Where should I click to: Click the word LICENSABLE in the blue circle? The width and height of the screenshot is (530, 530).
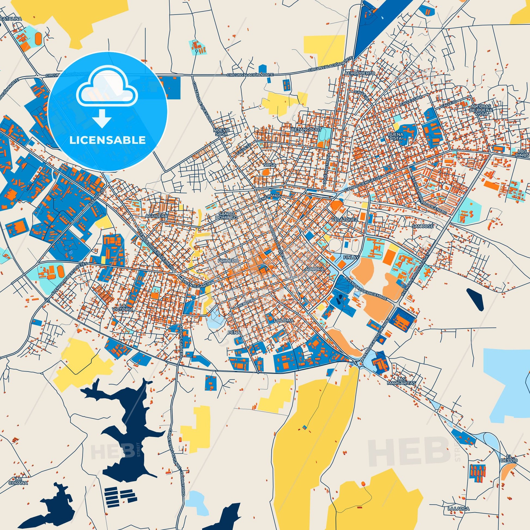click(107, 140)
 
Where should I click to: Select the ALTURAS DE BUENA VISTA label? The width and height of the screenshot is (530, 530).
click(480, 109)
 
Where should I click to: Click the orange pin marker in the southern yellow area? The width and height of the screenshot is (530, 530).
click(363, 476)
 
